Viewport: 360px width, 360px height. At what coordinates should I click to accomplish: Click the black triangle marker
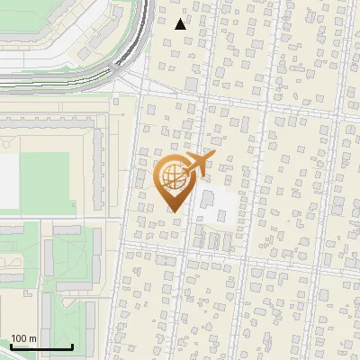pos(181,24)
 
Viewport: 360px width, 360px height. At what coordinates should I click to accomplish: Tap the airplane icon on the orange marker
pos(198,164)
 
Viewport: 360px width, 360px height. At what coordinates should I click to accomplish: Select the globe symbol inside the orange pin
pos(174,177)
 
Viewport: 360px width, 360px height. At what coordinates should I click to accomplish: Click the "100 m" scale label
pos(23,338)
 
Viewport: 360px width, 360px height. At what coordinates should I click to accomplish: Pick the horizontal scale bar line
pos(41,347)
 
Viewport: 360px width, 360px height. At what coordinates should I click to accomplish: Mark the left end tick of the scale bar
pos(11,346)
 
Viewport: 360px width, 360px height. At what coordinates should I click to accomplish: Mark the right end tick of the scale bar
pos(73,346)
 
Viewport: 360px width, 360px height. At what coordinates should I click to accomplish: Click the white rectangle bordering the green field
pos(8,180)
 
